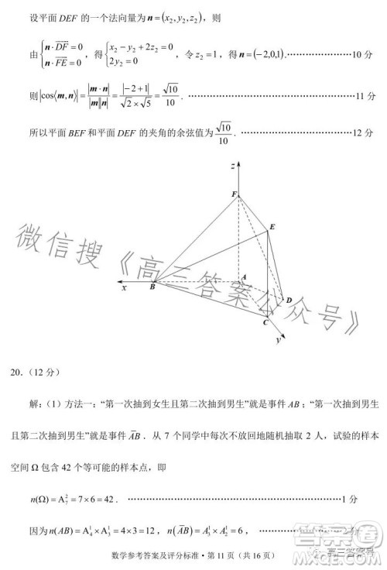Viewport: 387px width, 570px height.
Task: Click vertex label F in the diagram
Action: pos(235,194)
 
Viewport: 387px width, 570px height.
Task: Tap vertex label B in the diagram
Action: pos(152,287)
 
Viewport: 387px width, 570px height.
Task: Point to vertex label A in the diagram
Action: pos(243,276)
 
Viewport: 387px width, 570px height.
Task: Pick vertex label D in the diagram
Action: pos(289,300)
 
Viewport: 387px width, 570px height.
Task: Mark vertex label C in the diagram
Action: pos(265,322)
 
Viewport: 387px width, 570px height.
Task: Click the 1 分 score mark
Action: pos(367,499)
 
